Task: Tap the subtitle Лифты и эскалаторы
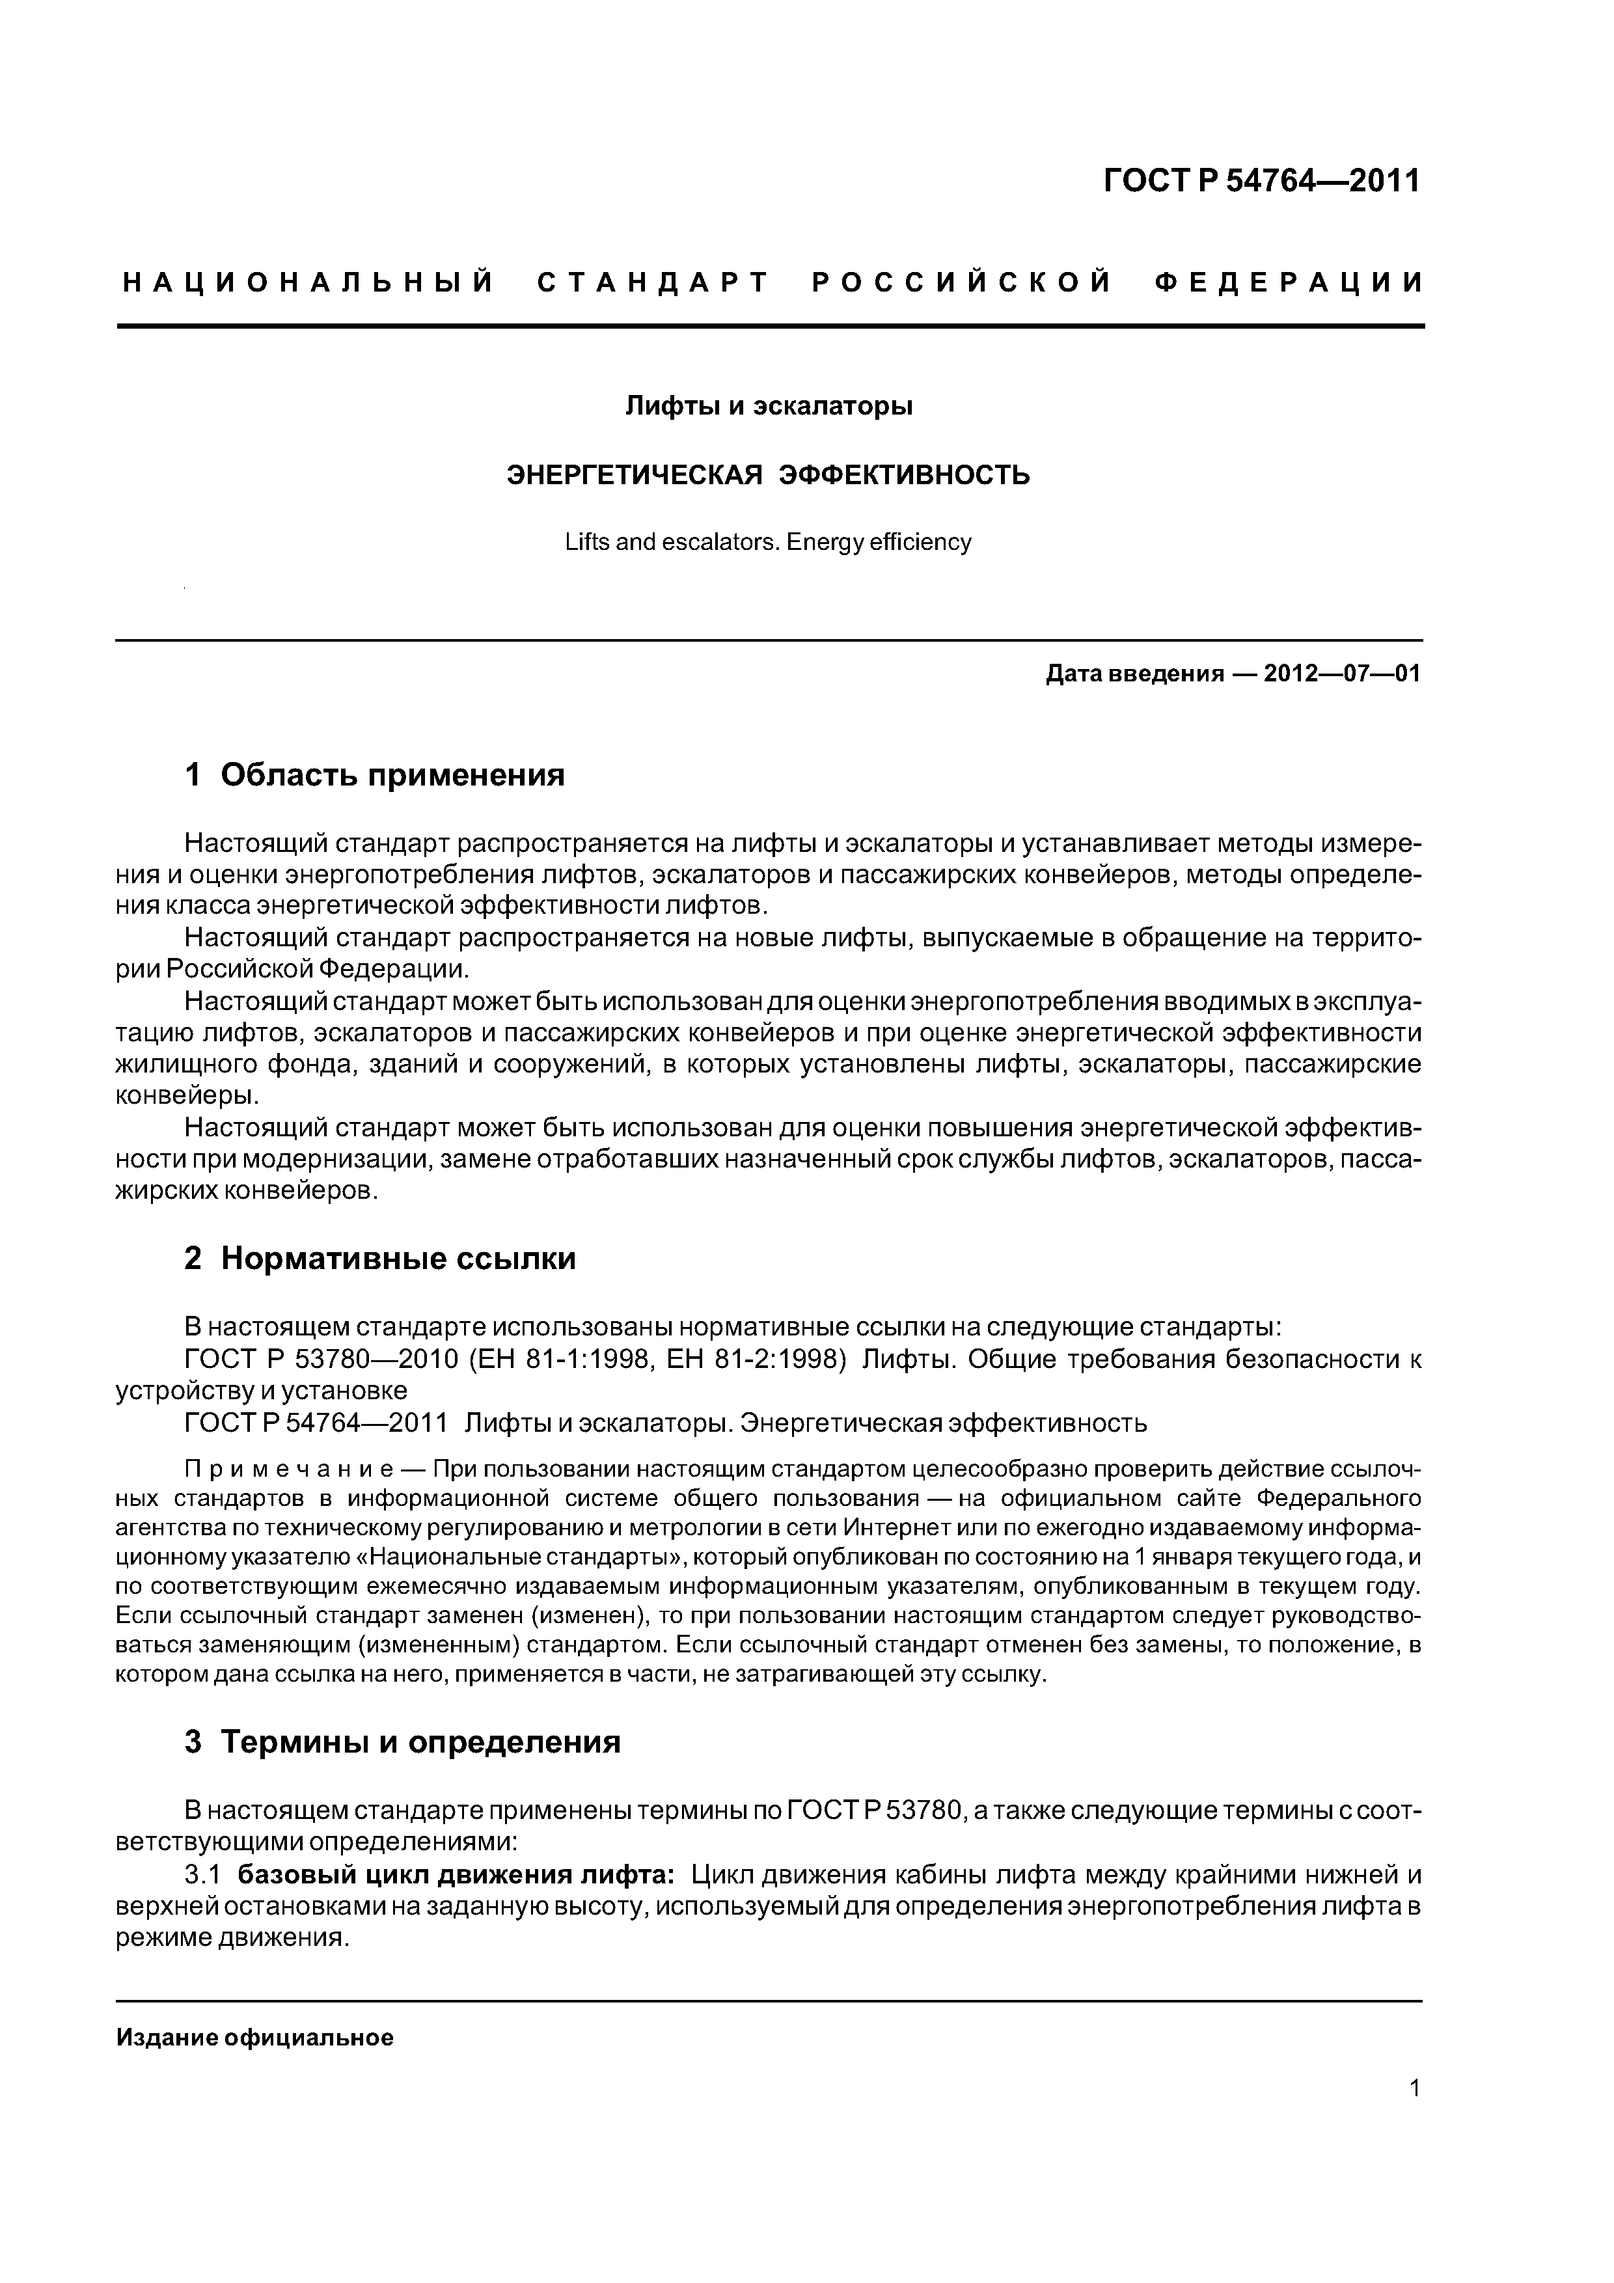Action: point(768,407)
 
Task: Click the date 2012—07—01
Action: point(1341,674)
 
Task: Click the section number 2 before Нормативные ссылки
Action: point(193,1259)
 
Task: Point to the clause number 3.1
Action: point(201,1876)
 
